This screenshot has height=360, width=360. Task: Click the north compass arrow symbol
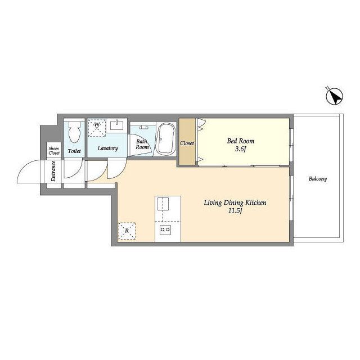pos(335,96)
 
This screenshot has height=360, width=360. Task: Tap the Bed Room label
pos(241,141)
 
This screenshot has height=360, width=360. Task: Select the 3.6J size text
pos(240,149)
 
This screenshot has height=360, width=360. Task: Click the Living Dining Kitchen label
pos(235,202)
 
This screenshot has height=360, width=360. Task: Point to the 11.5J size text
pos(235,211)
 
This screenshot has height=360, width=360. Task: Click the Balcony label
pos(318,179)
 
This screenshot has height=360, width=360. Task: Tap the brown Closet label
pos(187,143)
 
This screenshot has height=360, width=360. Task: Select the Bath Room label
pos(142,145)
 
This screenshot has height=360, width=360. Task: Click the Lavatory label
pos(107,148)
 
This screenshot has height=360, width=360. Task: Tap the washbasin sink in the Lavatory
pos(117,125)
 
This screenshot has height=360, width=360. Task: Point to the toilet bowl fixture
pos(74,132)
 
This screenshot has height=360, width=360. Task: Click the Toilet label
pos(74,151)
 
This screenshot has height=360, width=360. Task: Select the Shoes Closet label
pos(54,151)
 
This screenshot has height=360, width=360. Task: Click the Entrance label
pos(53,171)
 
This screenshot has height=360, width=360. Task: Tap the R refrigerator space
pos(127,231)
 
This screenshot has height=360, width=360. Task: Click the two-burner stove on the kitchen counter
pos(165,230)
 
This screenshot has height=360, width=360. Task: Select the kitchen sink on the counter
pos(163,204)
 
